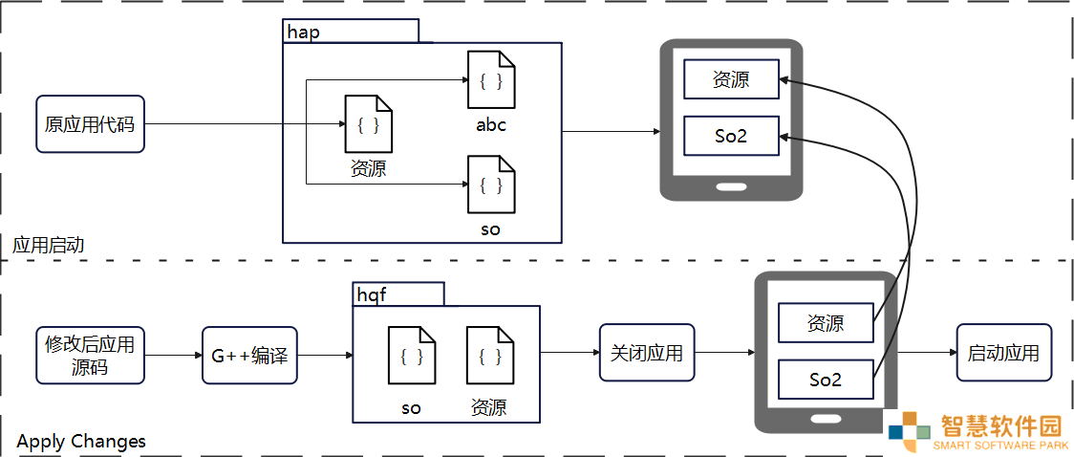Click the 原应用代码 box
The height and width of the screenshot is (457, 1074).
point(91,124)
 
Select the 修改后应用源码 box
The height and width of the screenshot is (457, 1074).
point(91,355)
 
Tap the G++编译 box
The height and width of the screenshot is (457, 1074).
point(250,355)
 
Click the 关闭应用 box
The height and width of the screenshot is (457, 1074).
point(647,353)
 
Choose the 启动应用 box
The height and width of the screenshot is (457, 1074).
point(1003,353)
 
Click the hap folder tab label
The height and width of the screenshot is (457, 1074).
point(304,33)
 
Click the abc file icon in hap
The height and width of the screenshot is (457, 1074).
point(491,79)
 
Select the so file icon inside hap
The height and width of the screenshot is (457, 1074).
point(491,184)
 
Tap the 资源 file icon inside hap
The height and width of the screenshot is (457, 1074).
point(369,124)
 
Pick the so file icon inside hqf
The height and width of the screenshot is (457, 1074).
point(412,355)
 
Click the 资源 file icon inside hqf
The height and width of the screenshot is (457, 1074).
point(490,355)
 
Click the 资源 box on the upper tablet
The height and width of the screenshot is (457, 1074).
point(732,79)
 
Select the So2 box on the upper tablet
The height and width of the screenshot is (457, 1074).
point(732,136)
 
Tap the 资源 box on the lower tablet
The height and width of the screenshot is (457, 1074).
point(826,322)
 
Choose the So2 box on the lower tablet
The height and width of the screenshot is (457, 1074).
point(826,380)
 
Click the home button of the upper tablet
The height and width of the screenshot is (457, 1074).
point(731,187)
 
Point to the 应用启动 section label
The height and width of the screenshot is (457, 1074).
point(48,245)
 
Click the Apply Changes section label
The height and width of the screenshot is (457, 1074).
point(81,441)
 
